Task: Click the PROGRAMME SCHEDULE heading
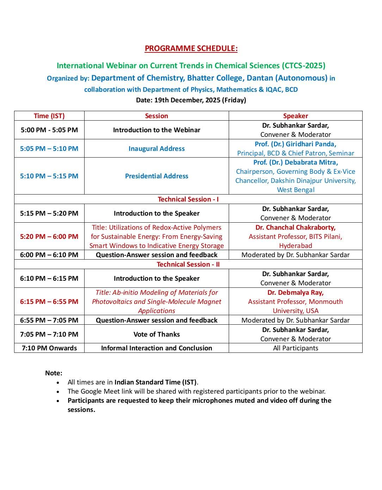click(191, 49)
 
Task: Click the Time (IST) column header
click(49, 116)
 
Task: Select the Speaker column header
click(295, 116)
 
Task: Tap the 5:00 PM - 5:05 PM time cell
click(49, 130)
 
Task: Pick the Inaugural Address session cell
click(156, 148)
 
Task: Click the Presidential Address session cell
click(156, 176)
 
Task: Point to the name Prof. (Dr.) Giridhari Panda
click(295, 144)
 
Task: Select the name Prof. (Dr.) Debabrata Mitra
click(295, 163)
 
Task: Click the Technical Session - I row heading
click(188, 199)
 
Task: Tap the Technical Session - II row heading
click(188, 264)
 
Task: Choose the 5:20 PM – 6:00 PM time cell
click(49, 236)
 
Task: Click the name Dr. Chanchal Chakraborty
click(295, 227)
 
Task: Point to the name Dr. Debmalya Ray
click(295, 292)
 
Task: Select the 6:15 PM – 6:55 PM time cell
click(49, 301)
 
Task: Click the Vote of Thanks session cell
click(156, 334)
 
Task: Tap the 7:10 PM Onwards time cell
click(49, 348)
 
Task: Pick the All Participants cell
click(295, 348)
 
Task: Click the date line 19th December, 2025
click(191, 100)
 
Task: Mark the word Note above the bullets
click(54, 373)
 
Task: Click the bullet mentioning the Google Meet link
click(196, 391)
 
